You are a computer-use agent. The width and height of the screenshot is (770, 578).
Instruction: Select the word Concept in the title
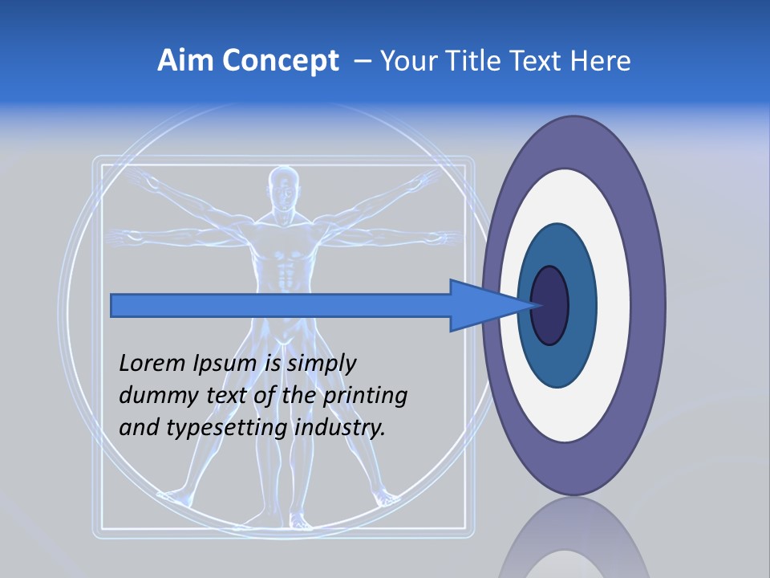(280, 62)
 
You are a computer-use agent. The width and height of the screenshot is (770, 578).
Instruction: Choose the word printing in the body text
(366, 396)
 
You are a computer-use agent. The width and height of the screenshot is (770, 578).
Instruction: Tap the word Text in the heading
(542, 60)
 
